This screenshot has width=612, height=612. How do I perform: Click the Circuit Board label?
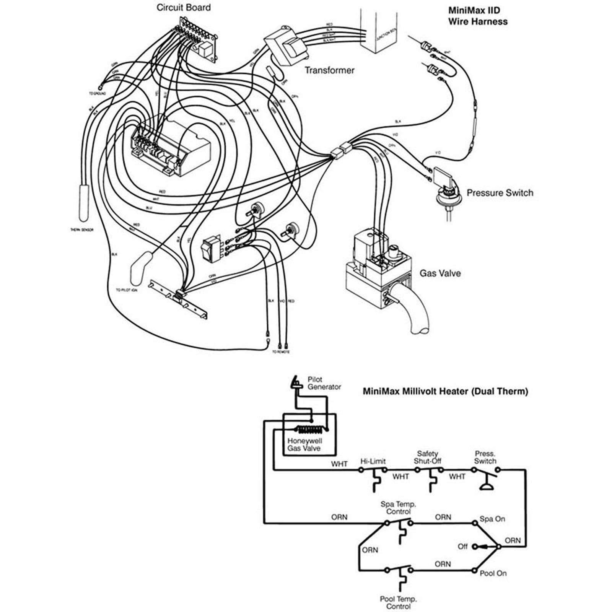coord(184,8)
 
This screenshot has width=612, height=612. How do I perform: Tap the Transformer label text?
coord(329,70)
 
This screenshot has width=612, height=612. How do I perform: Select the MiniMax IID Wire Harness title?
coord(478,16)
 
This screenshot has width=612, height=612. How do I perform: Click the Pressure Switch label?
coord(500,193)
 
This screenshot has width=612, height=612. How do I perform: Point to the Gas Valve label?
coord(440,273)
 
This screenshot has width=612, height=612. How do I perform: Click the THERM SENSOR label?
coord(82,230)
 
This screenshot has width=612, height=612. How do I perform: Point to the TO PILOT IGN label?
coord(127,290)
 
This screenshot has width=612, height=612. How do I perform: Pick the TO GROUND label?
coord(98,93)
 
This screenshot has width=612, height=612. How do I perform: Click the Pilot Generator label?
coord(324,383)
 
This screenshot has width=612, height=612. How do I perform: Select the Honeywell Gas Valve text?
coord(304,444)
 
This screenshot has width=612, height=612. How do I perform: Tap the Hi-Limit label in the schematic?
coord(373,461)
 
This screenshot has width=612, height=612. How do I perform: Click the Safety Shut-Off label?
coord(428,457)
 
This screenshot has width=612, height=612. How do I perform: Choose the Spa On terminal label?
coord(492,519)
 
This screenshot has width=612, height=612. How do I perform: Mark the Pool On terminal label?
coord(493,573)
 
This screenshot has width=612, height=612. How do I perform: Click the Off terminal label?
coord(462,547)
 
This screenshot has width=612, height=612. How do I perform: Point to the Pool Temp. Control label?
coord(398,602)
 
